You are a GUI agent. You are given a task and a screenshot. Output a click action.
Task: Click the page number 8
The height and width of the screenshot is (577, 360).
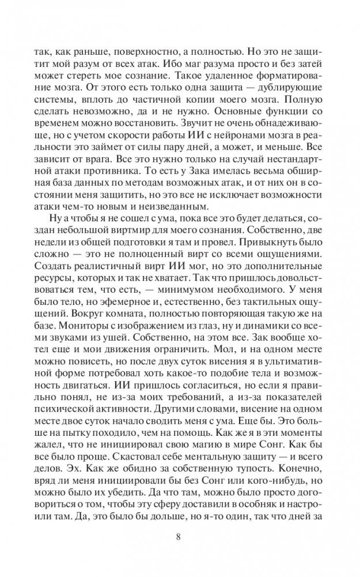coord(180,540)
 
